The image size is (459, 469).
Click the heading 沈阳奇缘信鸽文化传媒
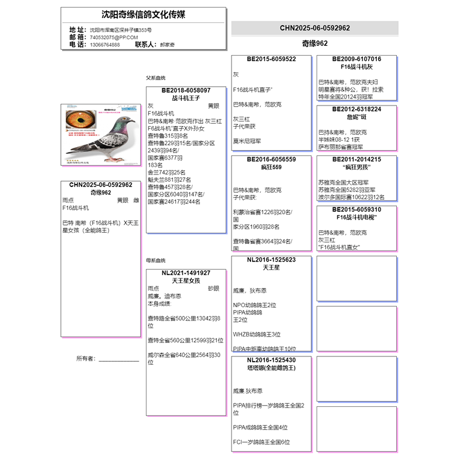[143, 15]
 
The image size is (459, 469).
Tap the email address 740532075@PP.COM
[114, 37]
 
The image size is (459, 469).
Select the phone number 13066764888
[105, 45]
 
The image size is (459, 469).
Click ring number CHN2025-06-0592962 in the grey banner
[315, 28]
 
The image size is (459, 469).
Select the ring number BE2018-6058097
[186, 91]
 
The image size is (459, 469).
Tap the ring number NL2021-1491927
[186, 273]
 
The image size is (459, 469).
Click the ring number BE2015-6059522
[271, 59]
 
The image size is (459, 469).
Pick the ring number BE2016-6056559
[271, 159]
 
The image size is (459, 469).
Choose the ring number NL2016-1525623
[271, 260]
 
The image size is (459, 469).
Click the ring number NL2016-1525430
[271, 360]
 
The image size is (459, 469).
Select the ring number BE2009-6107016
[356, 59]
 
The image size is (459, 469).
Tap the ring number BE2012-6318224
[356, 109]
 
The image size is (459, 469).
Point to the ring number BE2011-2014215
[356, 159]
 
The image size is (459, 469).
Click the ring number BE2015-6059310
[356, 209]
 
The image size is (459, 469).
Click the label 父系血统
[156, 78]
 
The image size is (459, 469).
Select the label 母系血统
[156, 260]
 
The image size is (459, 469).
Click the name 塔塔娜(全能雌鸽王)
[271, 368]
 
